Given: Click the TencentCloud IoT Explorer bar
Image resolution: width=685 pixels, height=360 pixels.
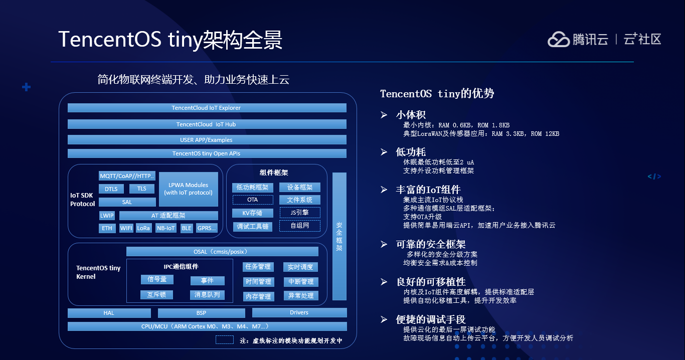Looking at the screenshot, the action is pos(207,108).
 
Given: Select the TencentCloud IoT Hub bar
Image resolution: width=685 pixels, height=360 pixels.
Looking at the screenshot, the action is pos(207,124).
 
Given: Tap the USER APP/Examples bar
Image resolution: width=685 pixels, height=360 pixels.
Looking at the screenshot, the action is pos(207,140).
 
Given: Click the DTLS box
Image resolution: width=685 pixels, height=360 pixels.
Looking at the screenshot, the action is pos(111,189).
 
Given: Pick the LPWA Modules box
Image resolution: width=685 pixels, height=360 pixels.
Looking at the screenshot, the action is pos(189,189).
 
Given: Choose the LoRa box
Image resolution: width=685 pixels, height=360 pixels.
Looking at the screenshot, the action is pos(143,228).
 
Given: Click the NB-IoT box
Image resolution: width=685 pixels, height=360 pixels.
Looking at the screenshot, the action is pos(166,228).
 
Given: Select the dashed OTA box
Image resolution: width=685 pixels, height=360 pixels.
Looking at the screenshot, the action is pos(253,200).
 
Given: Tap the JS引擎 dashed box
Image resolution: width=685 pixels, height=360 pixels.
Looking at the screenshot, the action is pos(300,213).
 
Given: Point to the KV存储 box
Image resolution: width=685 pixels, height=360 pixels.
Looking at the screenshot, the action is pos(253,213).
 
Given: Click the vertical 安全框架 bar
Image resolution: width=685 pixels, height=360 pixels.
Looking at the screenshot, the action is pos(339,236).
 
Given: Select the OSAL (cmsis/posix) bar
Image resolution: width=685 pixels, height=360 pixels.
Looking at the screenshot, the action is pos(222,252).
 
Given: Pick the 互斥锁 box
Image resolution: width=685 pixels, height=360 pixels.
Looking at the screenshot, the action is pos(156,294).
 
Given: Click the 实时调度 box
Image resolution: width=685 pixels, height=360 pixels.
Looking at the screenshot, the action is pos(300,267).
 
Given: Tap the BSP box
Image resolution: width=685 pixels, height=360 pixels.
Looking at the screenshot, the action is pos(202,313).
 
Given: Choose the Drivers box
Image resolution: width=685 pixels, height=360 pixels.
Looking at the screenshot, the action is pos(299,312).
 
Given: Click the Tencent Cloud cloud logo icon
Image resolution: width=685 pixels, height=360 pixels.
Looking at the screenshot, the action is pos(559,40).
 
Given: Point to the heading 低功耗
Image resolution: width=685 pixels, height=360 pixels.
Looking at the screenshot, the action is pos(411,152).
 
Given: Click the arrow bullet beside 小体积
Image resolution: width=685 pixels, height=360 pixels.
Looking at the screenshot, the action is pos(384,115).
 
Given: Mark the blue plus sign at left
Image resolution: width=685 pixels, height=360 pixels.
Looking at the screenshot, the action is pos(26,87).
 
